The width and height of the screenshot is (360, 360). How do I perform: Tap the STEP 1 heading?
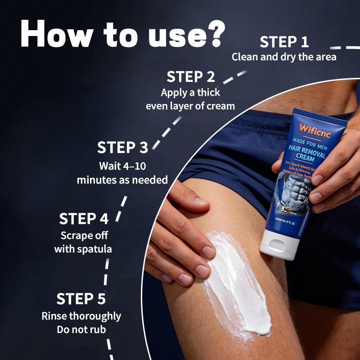pyautogui.click(x=284, y=42)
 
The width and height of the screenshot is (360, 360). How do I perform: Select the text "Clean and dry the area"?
pyautogui.click(x=284, y=57)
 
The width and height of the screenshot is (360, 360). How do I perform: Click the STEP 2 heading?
pyautogui.click(x=191, y=76)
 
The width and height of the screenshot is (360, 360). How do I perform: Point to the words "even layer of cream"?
pyautogui.click(x=190, y=106)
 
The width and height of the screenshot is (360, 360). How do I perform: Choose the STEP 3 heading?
pyautogui.click(x=122, y=148)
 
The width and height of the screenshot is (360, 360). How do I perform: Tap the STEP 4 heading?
pyautogui.click(x=84, y=219)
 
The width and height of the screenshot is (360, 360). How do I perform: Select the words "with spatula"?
pyautogui.click(x=83, y=249)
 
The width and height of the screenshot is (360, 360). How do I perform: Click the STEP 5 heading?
pyautogui.click(x=81, y=299)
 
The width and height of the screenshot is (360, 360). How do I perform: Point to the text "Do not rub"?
pyautogui.click(x=81, y=329)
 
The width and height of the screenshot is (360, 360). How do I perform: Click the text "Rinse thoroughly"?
pyautogui.click(x=81, y=316)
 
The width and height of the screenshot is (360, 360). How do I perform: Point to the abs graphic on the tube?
pyautogui.click(x=294, y=193)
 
